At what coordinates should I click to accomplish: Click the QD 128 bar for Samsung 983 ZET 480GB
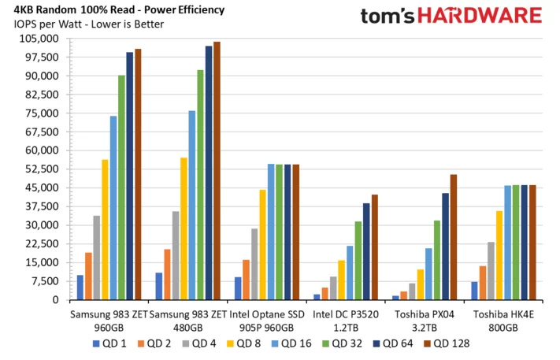coord(217,171)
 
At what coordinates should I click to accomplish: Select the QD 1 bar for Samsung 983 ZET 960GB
coord(80,288)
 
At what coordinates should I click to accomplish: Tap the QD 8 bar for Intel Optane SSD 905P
coord(262,245)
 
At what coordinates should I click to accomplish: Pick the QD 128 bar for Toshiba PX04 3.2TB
coord(453,237)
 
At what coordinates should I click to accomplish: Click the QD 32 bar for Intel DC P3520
coord(358,261)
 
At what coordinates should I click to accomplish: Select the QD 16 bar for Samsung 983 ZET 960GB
coord(113,208)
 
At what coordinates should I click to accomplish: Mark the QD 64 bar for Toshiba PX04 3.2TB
coord(445,247)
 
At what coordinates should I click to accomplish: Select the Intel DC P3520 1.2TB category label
coord(346,321)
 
